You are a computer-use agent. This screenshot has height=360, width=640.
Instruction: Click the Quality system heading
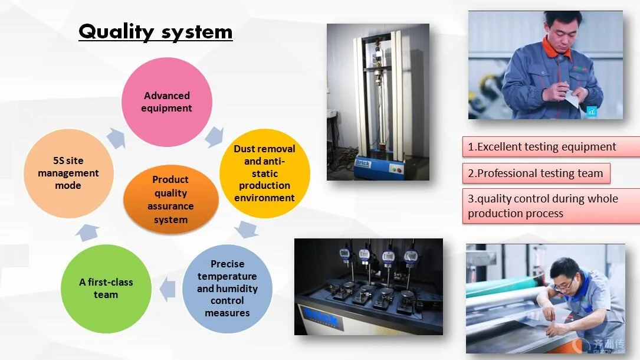tap(156, 31)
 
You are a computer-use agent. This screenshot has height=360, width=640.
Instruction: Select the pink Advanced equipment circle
tap(167, 102)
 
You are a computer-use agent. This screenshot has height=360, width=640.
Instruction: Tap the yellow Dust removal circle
tap(265, 174)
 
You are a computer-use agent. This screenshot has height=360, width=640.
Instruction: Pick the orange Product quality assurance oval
tap(170, 199)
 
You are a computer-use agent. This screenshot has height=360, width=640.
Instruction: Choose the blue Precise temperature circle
tap(227, 288)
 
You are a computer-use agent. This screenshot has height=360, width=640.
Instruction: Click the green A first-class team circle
tap(106, 288)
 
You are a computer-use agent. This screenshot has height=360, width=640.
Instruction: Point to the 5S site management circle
tap(68, 173)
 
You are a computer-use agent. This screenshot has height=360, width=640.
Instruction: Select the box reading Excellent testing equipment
tap(550, 147)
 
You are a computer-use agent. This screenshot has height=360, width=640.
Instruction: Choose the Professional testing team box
tap(536, 174)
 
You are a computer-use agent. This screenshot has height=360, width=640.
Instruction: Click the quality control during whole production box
tap(550, 206)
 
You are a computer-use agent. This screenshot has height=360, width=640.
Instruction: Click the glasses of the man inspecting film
tap(563, 285)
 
